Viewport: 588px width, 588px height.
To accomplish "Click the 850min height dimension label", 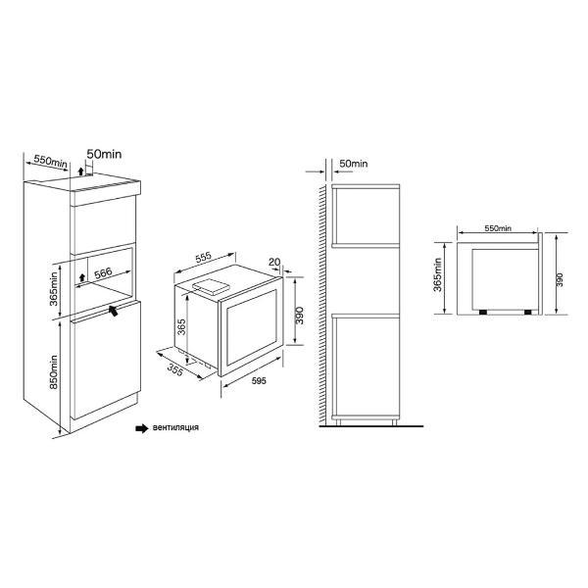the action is [54, 371].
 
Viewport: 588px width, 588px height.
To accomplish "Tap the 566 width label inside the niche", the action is [103, 273].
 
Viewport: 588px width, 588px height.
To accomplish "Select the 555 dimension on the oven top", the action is [204, 258].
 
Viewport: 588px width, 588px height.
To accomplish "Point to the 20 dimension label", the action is [274, 262].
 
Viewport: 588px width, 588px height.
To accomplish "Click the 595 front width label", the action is [259, 381].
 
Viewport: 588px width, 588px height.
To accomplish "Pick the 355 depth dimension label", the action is [175, 369].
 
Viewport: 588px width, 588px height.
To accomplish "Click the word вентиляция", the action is [175, 427].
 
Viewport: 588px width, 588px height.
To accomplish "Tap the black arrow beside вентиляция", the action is [142, 428].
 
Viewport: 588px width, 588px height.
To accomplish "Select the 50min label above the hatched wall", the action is [353, 164].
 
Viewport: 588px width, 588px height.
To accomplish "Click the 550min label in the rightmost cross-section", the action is [498, 228].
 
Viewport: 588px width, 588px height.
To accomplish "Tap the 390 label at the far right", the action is [560, 279].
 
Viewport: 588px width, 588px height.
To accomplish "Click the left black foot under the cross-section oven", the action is [483, 312].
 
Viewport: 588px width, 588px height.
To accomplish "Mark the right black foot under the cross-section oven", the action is [528, 312].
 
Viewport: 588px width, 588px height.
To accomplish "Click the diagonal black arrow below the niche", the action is [114, 311].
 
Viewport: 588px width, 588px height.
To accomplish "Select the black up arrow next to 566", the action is [82, 278].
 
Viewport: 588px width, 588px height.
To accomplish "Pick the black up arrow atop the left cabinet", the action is [80, 172].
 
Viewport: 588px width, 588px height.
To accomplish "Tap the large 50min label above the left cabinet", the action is [104, 154].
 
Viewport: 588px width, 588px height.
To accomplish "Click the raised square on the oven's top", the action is [210, 285].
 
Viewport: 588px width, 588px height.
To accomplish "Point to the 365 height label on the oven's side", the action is [181, 327].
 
